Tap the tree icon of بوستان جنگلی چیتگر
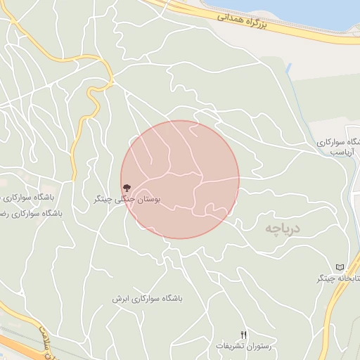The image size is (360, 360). coord(127,188)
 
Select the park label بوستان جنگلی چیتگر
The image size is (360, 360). coord(127,200)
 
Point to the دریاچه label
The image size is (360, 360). coord(283,229)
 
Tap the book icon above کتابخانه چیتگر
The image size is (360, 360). coord(340,268)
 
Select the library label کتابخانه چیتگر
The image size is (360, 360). coord(339,279)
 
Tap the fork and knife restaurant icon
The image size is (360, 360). coord(244,335)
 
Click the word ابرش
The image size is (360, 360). coord(120,298)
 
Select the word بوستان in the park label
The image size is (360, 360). coord(148,200)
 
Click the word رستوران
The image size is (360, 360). coord(258,346)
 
